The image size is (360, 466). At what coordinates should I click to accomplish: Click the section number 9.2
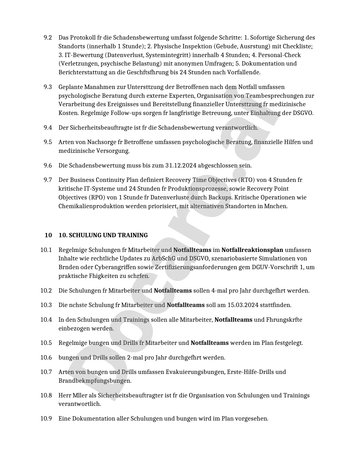[x=48, y=38]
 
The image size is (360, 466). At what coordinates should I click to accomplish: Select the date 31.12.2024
[x=181, y=166]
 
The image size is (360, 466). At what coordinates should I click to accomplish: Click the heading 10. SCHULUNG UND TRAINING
[x=103, y=235]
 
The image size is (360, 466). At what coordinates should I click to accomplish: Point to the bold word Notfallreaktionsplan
[x=252, y=250]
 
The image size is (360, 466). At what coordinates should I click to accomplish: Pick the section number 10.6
[x=46, y=358]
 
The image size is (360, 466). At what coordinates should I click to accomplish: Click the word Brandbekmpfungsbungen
[x=95, y=381]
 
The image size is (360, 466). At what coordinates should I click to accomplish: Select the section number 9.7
[x=48, y=180]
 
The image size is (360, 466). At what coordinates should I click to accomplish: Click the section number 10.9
[x=46, y=419]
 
